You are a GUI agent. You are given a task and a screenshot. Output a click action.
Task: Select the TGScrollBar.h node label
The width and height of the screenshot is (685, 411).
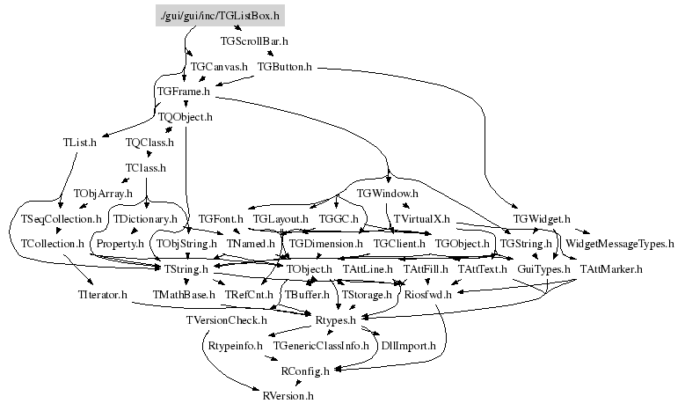click(253, 40)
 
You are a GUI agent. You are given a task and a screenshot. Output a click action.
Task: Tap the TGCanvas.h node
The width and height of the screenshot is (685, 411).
click(220, 66)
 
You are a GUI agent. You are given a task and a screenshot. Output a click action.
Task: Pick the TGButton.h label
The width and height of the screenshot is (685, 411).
click(285, 66)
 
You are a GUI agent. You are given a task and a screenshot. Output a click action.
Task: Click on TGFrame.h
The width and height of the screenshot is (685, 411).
click(184, 91)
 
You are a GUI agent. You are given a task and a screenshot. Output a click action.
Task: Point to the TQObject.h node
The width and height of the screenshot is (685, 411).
click(186, 115)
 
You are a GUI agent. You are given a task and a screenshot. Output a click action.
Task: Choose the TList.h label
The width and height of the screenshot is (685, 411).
click(80, 141)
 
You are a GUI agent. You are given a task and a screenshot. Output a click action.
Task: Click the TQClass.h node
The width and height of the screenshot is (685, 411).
click(150, 141)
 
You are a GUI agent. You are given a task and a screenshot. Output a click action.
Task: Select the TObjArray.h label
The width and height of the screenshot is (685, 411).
click(103, 192)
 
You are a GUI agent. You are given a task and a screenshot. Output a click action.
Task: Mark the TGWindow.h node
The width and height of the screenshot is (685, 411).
click(388, 192)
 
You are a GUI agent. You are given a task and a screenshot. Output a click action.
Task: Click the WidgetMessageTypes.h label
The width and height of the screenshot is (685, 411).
click(619, 242)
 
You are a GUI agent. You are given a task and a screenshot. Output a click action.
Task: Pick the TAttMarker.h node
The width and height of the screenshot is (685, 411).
click(610, 268)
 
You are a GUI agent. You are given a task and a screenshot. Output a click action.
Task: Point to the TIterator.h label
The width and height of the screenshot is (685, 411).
click(96, 293)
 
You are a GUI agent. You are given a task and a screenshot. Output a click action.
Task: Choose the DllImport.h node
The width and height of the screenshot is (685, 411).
click(408, 346)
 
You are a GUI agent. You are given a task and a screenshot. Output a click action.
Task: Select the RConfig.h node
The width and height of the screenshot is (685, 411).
click(305, 371)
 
